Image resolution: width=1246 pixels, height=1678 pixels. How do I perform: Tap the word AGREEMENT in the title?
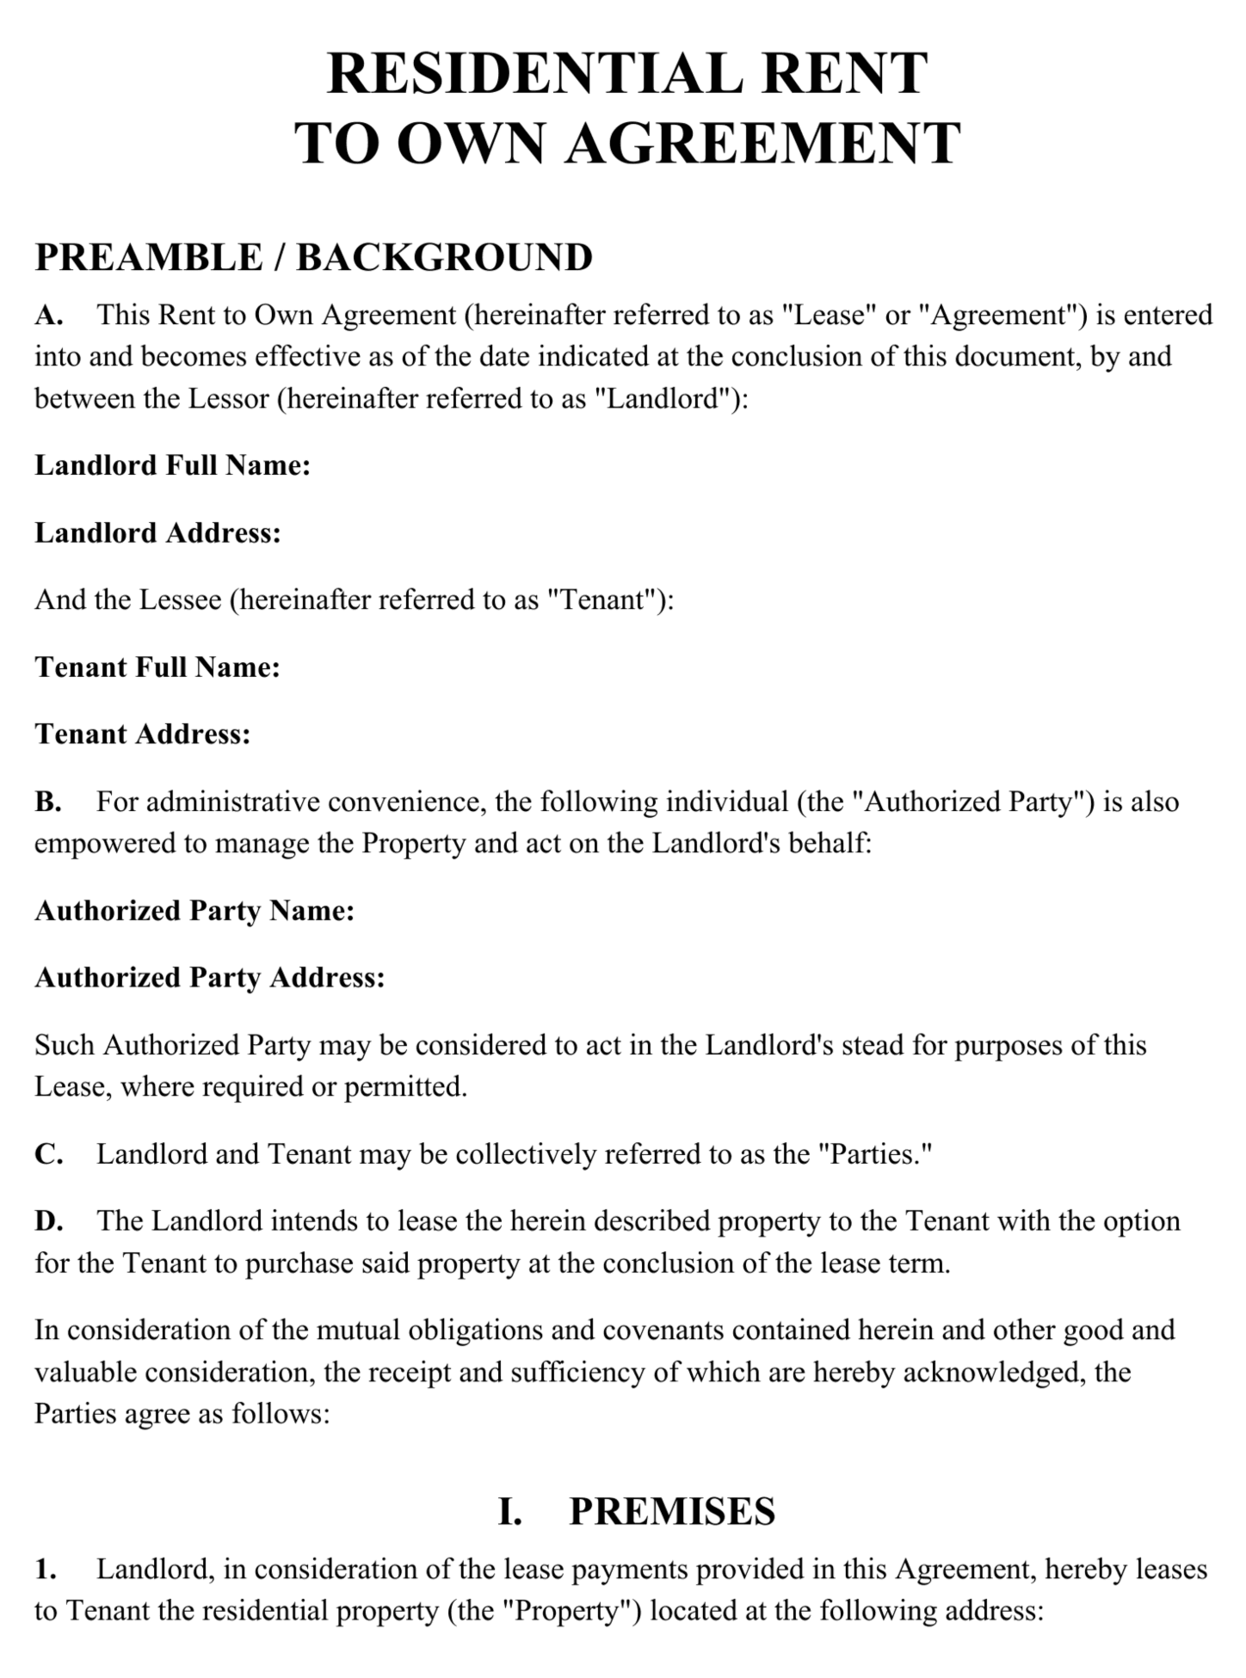[762, 143]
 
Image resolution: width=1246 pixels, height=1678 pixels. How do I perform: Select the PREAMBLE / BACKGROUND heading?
[313, 257]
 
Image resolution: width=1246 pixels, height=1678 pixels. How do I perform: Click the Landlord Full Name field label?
[172, 465]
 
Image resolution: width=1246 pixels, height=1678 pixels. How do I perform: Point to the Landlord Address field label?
[157, 533]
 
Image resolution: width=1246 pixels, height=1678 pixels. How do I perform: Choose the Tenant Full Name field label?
[157, 667]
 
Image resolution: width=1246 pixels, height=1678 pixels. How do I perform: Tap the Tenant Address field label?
[142, 735]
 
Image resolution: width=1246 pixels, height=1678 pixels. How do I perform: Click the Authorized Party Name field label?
[194, 911]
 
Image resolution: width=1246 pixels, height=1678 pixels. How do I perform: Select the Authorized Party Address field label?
[209, 978]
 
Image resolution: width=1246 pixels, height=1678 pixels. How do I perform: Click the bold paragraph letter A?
[48, 316]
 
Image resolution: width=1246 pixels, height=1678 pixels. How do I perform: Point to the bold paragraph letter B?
[47, 802]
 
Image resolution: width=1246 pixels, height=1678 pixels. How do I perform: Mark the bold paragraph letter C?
[48, 1154]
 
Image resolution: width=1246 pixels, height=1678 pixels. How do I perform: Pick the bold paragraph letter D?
[48, 1221]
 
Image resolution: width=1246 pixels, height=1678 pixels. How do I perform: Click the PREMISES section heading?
[672, 1511]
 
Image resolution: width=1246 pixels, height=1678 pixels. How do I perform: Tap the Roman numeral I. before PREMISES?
[510, 1511]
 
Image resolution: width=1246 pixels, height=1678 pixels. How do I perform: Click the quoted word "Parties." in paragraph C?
[871, 1154]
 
